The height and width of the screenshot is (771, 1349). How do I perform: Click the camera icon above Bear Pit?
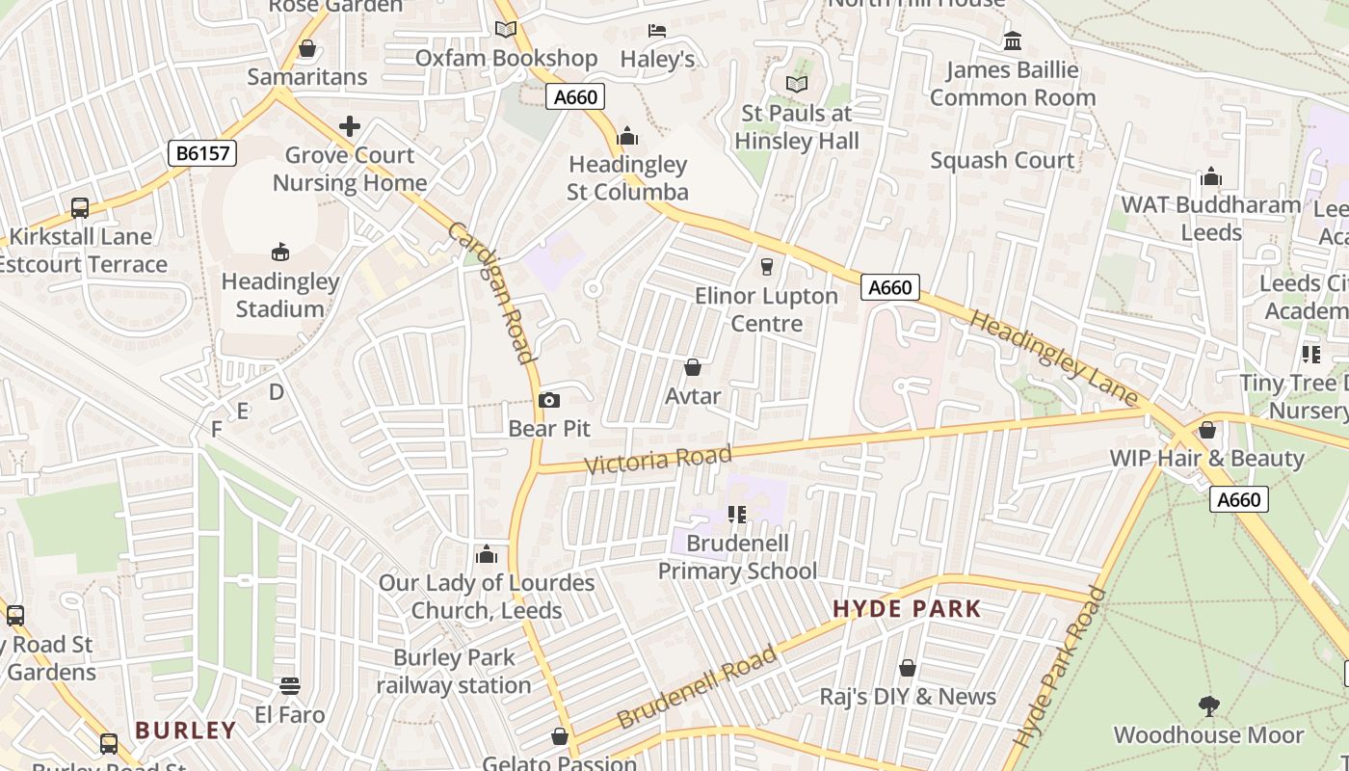[549, 400]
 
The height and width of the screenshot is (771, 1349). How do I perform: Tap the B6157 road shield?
[201, 153]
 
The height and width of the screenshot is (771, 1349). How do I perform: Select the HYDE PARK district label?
[907, 609]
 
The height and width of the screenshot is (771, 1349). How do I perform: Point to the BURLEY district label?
[186, 731]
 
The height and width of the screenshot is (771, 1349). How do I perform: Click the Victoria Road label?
[658, 459]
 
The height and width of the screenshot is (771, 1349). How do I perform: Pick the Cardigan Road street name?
[492, 293]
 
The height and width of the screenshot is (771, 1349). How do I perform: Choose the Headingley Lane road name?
[1053, 358]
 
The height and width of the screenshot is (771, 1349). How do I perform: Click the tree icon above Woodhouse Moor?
[1208, 706]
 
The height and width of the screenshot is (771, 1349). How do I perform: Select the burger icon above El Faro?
[290, 685]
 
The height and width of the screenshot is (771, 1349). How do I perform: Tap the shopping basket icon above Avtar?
[692, 367]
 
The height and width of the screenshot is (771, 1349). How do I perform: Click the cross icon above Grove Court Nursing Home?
[350, 126]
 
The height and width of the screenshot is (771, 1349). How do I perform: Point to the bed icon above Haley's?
[657, 31]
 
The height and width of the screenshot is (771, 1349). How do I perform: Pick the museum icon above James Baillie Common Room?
[1013, 41]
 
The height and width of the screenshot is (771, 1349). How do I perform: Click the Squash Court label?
[1002, 160]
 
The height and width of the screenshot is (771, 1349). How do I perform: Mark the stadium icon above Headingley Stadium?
[280, 253]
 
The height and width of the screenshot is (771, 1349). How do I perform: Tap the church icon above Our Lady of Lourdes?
[487, 554]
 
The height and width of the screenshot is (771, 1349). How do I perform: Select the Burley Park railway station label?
[454, 672]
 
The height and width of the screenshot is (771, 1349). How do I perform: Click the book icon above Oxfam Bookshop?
[506, 30]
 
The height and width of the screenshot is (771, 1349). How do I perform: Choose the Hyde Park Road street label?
[1060, 665]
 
